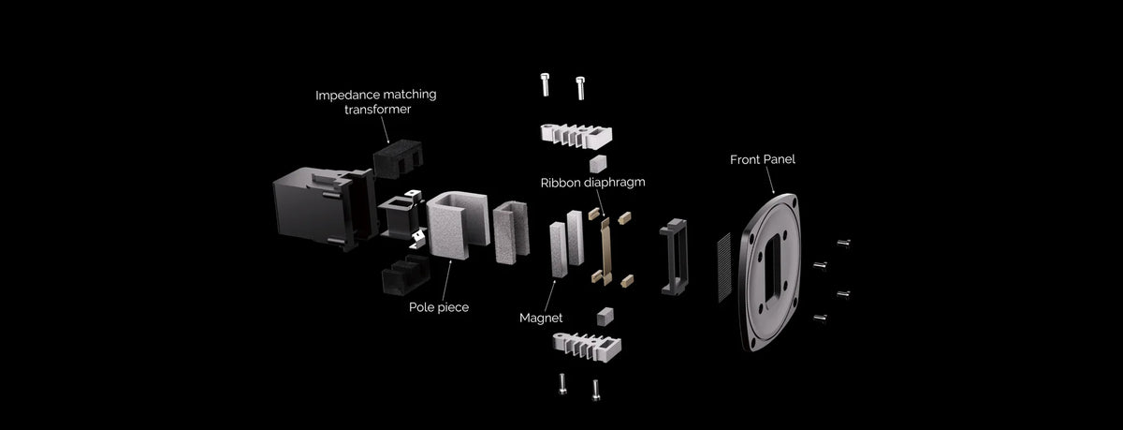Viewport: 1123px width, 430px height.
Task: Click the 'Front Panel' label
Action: [762, 159]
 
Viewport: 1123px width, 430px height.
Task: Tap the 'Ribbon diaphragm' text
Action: [592, 182]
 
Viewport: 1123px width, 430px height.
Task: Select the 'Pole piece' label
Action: [439, 307]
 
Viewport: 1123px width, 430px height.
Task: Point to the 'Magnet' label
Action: [541, 318]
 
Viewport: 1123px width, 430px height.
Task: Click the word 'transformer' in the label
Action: [377, 110]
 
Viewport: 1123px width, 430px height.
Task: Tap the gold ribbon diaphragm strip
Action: [605, 251]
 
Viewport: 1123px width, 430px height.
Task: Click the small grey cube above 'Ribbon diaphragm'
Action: [598, 164]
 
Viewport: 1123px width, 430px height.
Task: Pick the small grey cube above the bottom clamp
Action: [605, 317]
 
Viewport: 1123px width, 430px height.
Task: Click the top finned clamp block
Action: [576, 136]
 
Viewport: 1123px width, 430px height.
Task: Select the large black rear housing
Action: [324, 208]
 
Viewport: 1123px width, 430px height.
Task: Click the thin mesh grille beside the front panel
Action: [724, 267]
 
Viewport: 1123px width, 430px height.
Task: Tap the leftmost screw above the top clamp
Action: [545, 84]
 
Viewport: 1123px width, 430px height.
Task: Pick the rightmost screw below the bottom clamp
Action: [595, 390]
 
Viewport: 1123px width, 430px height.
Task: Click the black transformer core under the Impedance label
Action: [398, 158]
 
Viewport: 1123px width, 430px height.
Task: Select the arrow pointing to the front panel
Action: [769, 181]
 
